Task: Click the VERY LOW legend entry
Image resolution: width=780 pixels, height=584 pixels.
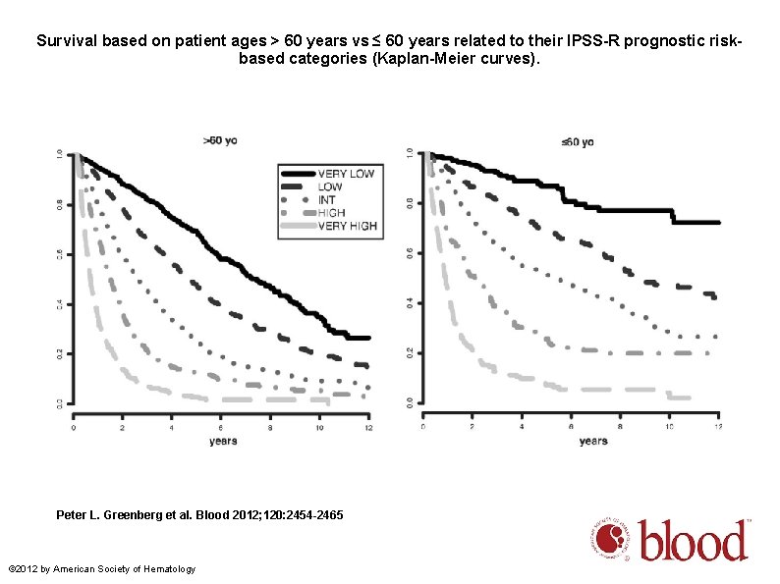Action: (x=345, y=174)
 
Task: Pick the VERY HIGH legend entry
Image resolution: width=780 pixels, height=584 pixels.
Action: (x=347, y=226)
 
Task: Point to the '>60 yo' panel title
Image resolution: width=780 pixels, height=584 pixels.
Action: (x=219, y=140)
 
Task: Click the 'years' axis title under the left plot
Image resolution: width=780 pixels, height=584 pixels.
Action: (x=222, y=442)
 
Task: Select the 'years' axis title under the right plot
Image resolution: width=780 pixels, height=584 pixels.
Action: (x=592, y=442)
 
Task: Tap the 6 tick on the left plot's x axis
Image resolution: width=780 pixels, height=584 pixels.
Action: (x=222, y=428)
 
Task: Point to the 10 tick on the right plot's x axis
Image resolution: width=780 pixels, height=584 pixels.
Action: (x=669, y=427)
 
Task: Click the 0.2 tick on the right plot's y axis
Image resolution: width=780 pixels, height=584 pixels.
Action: (x=409, y=352)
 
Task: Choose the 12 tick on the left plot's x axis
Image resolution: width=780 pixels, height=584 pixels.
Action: (x=368, y=428)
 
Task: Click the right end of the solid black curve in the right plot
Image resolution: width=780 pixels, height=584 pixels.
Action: (x=718, y=223)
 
